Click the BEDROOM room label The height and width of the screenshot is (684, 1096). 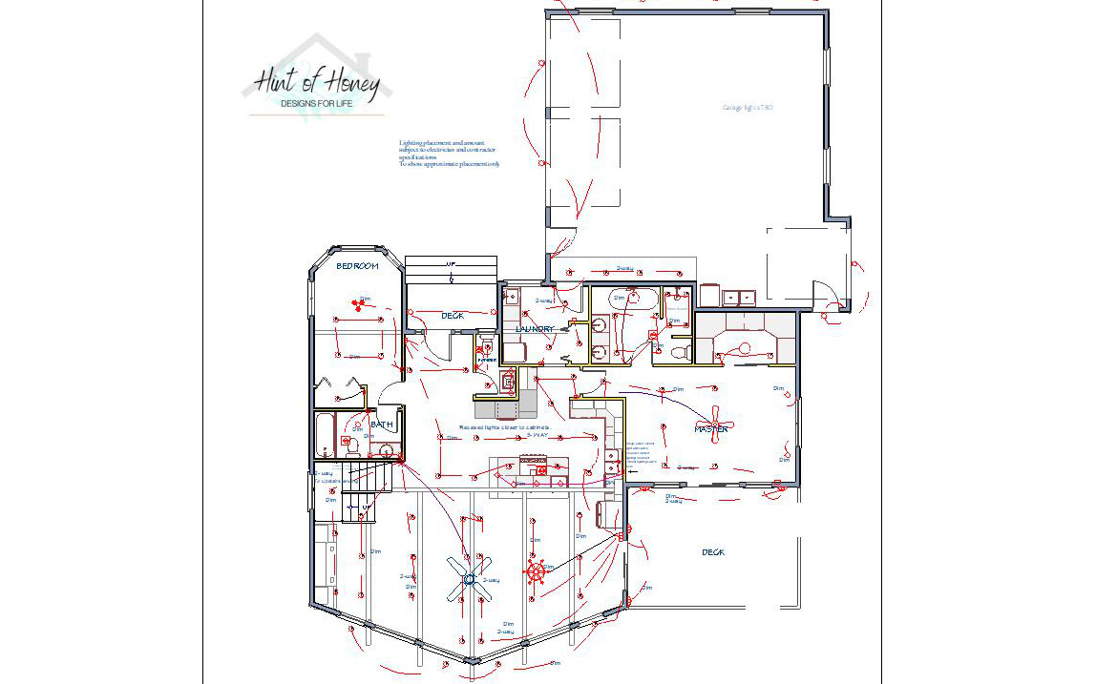[358, 266]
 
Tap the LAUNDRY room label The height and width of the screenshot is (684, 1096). [535, 329]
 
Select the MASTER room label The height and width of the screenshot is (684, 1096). [711, 429]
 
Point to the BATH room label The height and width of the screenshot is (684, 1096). [382, 425]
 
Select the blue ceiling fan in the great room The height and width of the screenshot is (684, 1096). [470, 578]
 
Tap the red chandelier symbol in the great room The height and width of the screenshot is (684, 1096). [536, 572]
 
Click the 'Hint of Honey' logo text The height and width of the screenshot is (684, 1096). [318, 83]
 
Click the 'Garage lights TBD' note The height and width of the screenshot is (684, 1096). [748, 108]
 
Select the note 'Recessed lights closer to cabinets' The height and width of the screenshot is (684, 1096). [503, 427]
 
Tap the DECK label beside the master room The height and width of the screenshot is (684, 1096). [713, 552]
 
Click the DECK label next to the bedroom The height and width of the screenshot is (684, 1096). [453, 316]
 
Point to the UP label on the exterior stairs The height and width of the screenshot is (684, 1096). [451, 264]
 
